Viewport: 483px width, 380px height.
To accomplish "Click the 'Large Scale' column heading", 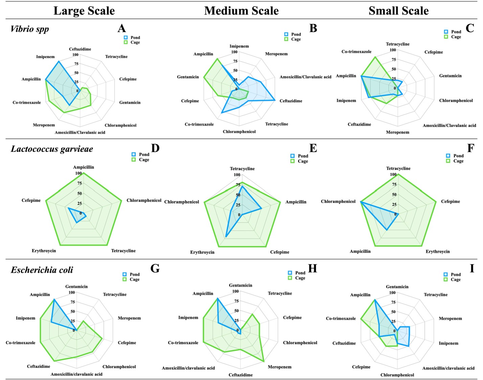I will point(84,11).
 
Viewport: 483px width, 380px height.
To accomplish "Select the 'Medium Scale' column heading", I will point(241,11).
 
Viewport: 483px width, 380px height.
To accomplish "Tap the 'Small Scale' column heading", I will point(398,11).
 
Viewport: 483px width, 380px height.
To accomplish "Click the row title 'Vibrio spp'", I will point(30,29).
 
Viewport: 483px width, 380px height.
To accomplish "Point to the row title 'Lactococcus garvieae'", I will point(52,149).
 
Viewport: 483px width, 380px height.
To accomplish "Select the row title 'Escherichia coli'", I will point(42,270).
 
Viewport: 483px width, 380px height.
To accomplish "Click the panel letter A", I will point(121,28).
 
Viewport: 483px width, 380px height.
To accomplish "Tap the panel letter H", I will point(313,268).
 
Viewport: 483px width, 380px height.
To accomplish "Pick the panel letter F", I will point(470,148).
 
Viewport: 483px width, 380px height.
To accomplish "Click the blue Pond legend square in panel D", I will point(134,155).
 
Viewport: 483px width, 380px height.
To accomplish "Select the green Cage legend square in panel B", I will point(286,39).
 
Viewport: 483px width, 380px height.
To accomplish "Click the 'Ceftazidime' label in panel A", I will point(80,49).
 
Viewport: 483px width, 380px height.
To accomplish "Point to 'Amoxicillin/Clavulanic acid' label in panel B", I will point(305,77).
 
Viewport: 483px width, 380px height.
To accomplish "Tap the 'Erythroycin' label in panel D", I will point(44,251).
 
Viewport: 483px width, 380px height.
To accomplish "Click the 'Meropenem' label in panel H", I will point(279,367).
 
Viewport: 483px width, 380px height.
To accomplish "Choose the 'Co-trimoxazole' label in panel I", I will point(341,318).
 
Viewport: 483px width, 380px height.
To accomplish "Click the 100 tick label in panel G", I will point(72,293).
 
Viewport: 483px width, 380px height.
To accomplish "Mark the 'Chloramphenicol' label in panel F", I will point(338,201).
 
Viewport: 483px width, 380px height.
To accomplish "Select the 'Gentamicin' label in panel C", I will point(450,76).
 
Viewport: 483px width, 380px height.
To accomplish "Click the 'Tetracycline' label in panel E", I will point(242,169).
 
